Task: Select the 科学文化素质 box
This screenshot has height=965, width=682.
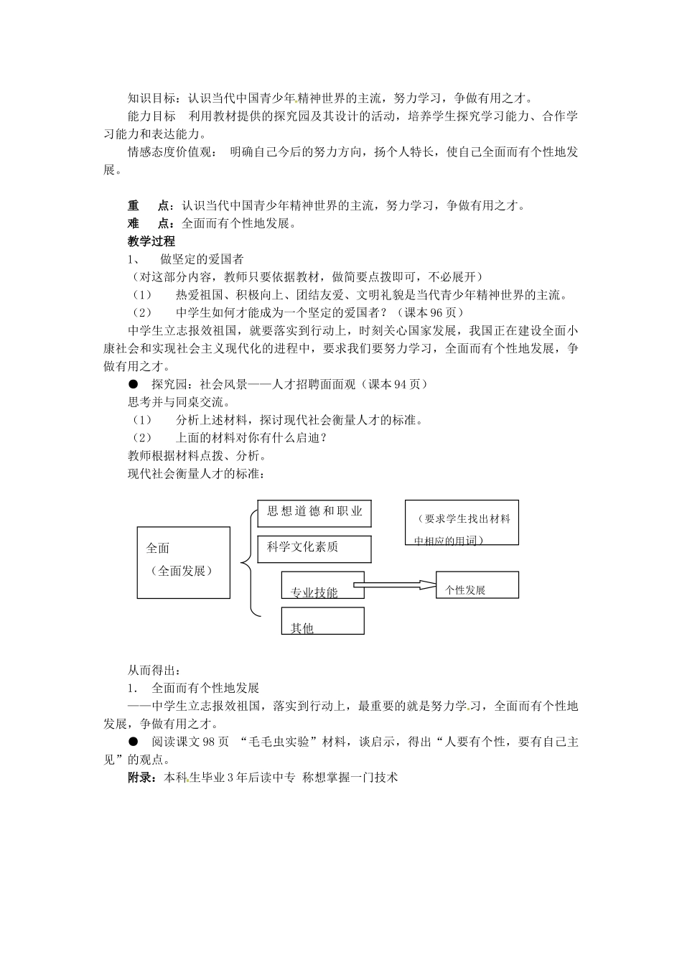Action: click(x=314, y=549)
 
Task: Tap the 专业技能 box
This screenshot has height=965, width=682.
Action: click(x=322, y=585)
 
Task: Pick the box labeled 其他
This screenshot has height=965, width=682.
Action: click(x=322, y=621)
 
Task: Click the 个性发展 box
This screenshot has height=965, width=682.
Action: click(x=477, y=585)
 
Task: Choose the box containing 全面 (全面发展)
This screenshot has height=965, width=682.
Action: click(x=183, y=562)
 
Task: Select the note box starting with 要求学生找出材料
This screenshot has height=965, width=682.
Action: click(x=462, y=522)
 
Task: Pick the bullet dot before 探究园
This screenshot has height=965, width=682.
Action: click(x=132, y=384)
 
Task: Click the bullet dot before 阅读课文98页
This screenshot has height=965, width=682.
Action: click(x=132, y=742)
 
